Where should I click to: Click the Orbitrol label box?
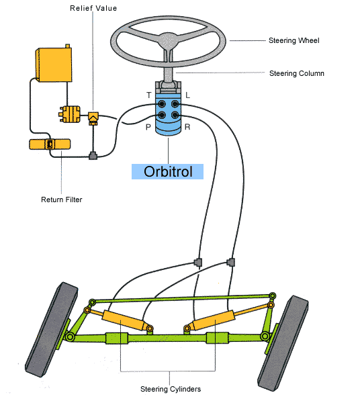coord(167,171)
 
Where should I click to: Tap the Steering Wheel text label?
coord(294,40)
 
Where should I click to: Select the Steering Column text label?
coord(296,73)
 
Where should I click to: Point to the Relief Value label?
coord(93,8)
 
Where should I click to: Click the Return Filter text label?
coord(62,200)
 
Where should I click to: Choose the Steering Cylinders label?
coord(171,389)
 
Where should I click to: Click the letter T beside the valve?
coord(149,95)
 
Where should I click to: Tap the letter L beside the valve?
coord(187,95)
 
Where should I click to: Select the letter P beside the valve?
coord(148,127)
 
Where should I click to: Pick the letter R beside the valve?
coord(187,127)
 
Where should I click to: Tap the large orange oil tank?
coord(54,63)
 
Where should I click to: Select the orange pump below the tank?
coord(70,114)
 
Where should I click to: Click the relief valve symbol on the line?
coord(93,118)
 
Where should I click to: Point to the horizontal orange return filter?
coord(50,144)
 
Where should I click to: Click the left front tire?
coord(52,329)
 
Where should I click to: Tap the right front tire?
coord(283,343)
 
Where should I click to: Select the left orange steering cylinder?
coord(124,320)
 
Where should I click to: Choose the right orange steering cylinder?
coord(214,320)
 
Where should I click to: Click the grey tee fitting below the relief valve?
coord(93,155)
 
